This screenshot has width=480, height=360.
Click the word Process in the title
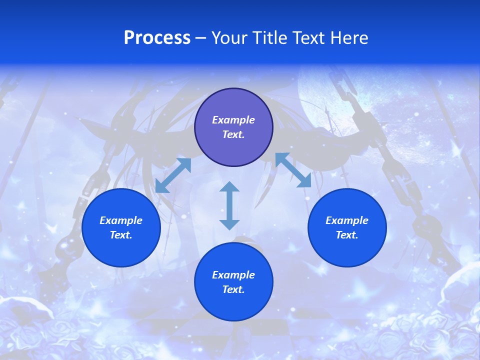click(157, 38)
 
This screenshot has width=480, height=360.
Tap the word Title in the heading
click(270, 38)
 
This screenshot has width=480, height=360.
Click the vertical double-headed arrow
click(229, 205)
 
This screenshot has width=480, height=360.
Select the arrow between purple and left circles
click(173, 175)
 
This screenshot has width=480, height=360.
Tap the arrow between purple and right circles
click(293, 170)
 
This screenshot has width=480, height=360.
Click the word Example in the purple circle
click(233, 120)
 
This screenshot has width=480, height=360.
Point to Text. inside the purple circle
click(233, 134)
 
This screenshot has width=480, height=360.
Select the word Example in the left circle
click(121, 220)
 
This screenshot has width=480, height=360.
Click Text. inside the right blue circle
click(347, 235)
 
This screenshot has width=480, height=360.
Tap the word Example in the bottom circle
click(233, 275)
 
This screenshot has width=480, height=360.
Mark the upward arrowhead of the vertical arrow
click(229, 187)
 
